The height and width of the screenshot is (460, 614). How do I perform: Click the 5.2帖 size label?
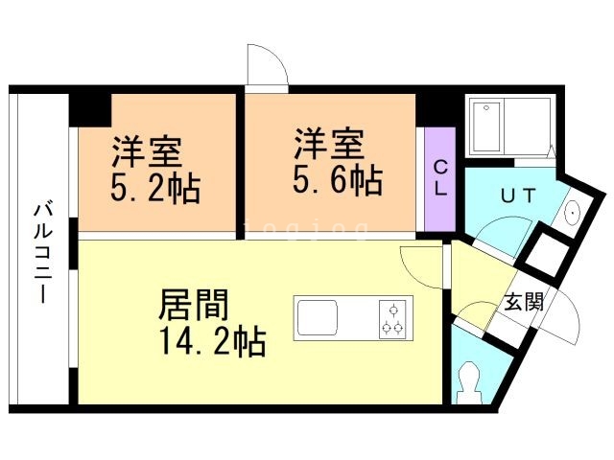pyautogui.click(x=155, y=188)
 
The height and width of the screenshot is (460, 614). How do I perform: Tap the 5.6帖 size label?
pyautogui.click(x=338, y=180)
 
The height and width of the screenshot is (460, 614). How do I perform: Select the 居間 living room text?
pyautogui.click(x=194, y=305)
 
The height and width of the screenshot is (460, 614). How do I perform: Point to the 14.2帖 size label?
pyautogui.click(x=213, y=341)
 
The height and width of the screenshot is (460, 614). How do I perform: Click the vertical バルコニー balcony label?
pyautogui.click(x=43, y=253)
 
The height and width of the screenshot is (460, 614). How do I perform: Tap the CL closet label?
pyautogui.click(x=440, y=179)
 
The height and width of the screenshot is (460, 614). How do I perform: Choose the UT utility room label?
pyautogui.click(x=518, y=195)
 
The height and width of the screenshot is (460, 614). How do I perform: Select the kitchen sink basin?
pyautogui.click(x=318, y=317)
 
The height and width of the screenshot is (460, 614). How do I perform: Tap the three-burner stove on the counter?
pyautogui.click(x=392, y=318)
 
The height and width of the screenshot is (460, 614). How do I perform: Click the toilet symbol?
pyautogui.click(x=468, y=381)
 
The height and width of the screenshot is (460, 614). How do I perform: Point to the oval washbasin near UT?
pyautogui.click(x=573, y=213)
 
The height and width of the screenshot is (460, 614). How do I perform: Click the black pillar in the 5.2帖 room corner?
pyautogui.click(x=90, y=110)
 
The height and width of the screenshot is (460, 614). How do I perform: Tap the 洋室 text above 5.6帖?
pyautogui.click(x=329, y=144)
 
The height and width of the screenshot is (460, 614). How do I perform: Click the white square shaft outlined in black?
pyautogui.click(x=547, y=253)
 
